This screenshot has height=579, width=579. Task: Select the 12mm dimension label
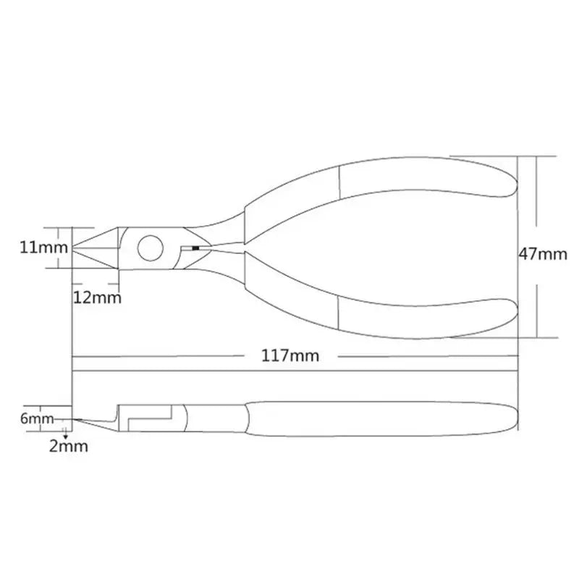(x=97, y=297)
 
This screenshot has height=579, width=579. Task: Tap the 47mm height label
(x=543, y=254)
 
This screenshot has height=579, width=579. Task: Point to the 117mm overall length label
(x=292, y=356)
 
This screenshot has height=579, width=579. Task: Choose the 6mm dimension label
(x=37, y=418)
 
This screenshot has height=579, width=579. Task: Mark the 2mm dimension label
(x=69, y=446)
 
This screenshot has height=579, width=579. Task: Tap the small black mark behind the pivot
(x=195, y=248)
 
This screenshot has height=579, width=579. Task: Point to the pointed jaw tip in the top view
(x=75, y=248)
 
